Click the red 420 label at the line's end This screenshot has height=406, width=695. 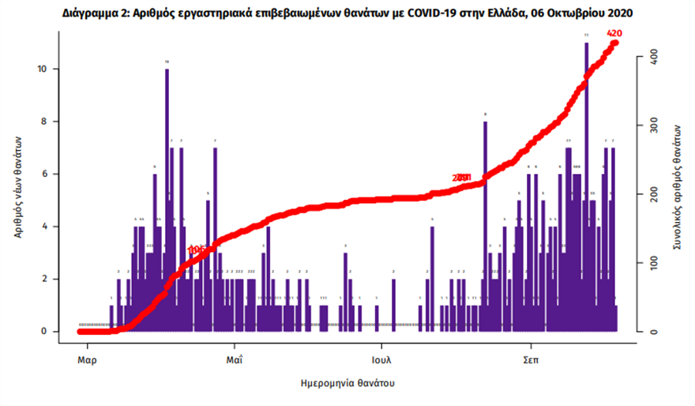pyautogui.click(x=614, y=33)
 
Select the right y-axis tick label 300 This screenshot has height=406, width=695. pyautogui.click(x=649, y=125)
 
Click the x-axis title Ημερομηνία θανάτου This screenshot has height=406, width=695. pyautogui.click(x=347, y=383)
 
